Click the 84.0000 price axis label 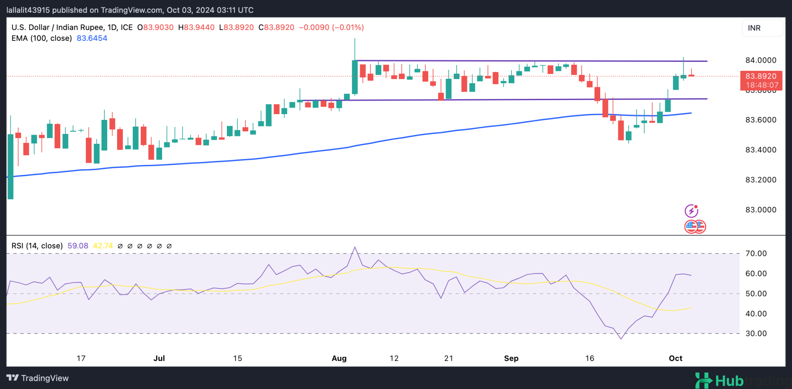760,60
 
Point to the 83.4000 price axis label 760,150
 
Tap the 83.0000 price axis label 760,210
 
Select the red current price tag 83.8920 761,76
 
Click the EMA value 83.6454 92,38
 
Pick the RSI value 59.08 78,246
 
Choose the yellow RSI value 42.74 103,246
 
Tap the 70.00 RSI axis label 756,253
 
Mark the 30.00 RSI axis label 756,333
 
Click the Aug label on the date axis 339,358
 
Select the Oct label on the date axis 675,358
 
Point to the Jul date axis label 159,358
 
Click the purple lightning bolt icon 691,211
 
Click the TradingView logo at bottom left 38,378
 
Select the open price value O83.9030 156,28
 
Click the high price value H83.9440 196,28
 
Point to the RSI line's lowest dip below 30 621,339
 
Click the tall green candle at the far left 10,166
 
